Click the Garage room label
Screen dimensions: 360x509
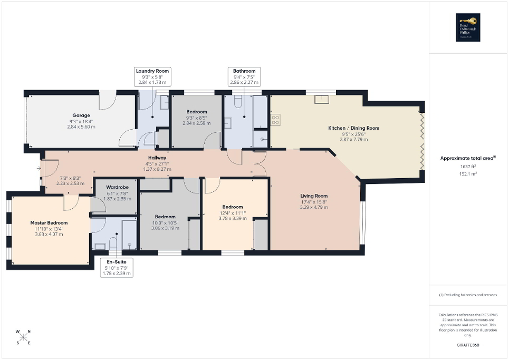coord(81,115)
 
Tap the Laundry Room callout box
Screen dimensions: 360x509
coord(153,76)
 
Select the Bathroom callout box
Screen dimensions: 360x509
coord(244,76)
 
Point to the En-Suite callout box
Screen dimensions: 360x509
coord(117,267)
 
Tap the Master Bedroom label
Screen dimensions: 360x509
coord(49,223)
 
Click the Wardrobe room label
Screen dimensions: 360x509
coord(114,187)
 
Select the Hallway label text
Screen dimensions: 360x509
coord(157,158)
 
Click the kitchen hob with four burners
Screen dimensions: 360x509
coord(275,120)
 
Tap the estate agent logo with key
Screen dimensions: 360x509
coord(468,27)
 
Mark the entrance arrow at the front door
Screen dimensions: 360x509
coord(39,169)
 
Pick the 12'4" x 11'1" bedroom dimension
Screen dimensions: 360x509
coord(233,212)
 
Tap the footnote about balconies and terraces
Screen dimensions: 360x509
coord(468,295)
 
